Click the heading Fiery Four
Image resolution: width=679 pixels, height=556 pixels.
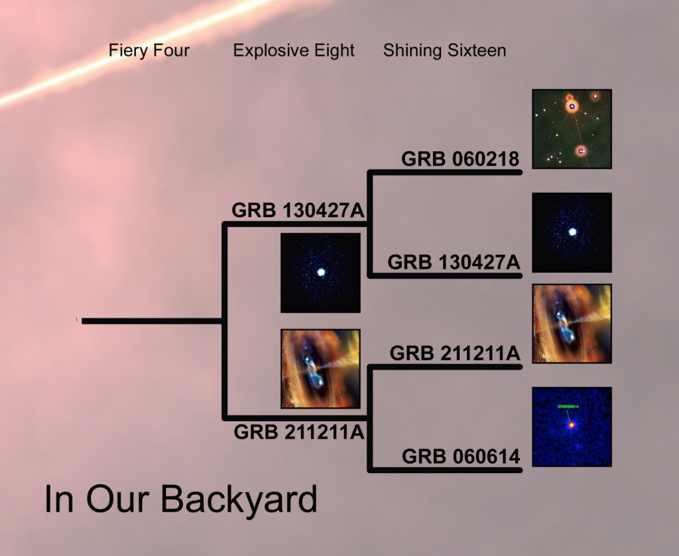click(149, 50)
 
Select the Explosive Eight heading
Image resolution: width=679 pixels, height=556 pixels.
click(294, 50)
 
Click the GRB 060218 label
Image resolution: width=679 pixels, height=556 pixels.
click(460, 160)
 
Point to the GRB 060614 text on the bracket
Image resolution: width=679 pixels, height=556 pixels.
click(460, 457)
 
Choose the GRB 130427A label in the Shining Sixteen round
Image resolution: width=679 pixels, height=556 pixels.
click(454, 261)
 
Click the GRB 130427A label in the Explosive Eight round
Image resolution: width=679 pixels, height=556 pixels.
click(298, 210)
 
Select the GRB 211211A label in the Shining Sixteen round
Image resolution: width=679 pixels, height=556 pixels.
click(455, 353)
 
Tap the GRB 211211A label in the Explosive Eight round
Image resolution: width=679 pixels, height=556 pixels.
click(300, 432)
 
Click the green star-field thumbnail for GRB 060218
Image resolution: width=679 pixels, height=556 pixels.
click(572, 129)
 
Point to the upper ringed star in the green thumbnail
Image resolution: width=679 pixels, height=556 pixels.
click(572, 105)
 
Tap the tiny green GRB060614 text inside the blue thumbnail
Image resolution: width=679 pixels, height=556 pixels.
click(568, 406)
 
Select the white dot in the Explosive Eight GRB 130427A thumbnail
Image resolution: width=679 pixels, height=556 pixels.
click(321, 273)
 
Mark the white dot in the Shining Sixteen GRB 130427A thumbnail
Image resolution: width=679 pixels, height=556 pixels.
click(572, 232)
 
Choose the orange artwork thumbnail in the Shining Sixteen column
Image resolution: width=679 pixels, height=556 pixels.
click(572, 323)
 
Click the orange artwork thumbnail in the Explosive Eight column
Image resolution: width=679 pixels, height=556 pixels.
click(320, 368)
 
